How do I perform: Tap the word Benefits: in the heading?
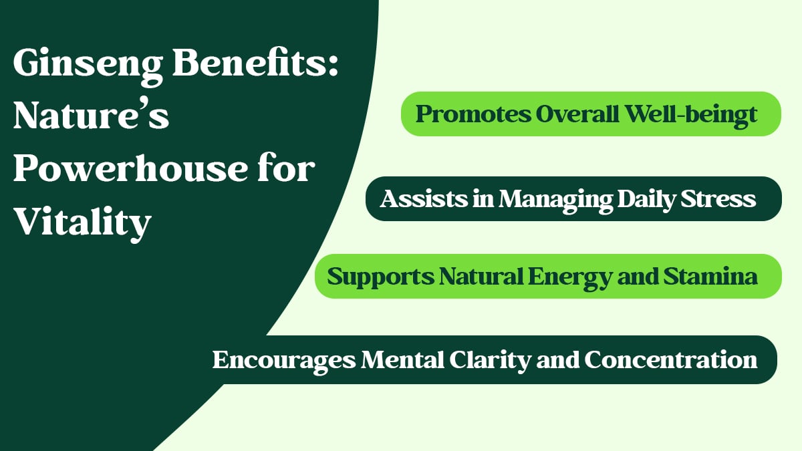point(255,62)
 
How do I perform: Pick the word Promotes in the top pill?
point(473,115)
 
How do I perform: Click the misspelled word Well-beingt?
point(691,115)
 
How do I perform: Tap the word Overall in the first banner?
point(577,114)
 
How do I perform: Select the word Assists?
point(424,198)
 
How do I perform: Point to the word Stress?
point(718,199)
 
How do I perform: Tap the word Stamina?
point(710,277)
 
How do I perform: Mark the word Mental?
point(403,359)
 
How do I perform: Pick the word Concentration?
point(671,359)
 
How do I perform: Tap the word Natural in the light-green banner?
point(481,277)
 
